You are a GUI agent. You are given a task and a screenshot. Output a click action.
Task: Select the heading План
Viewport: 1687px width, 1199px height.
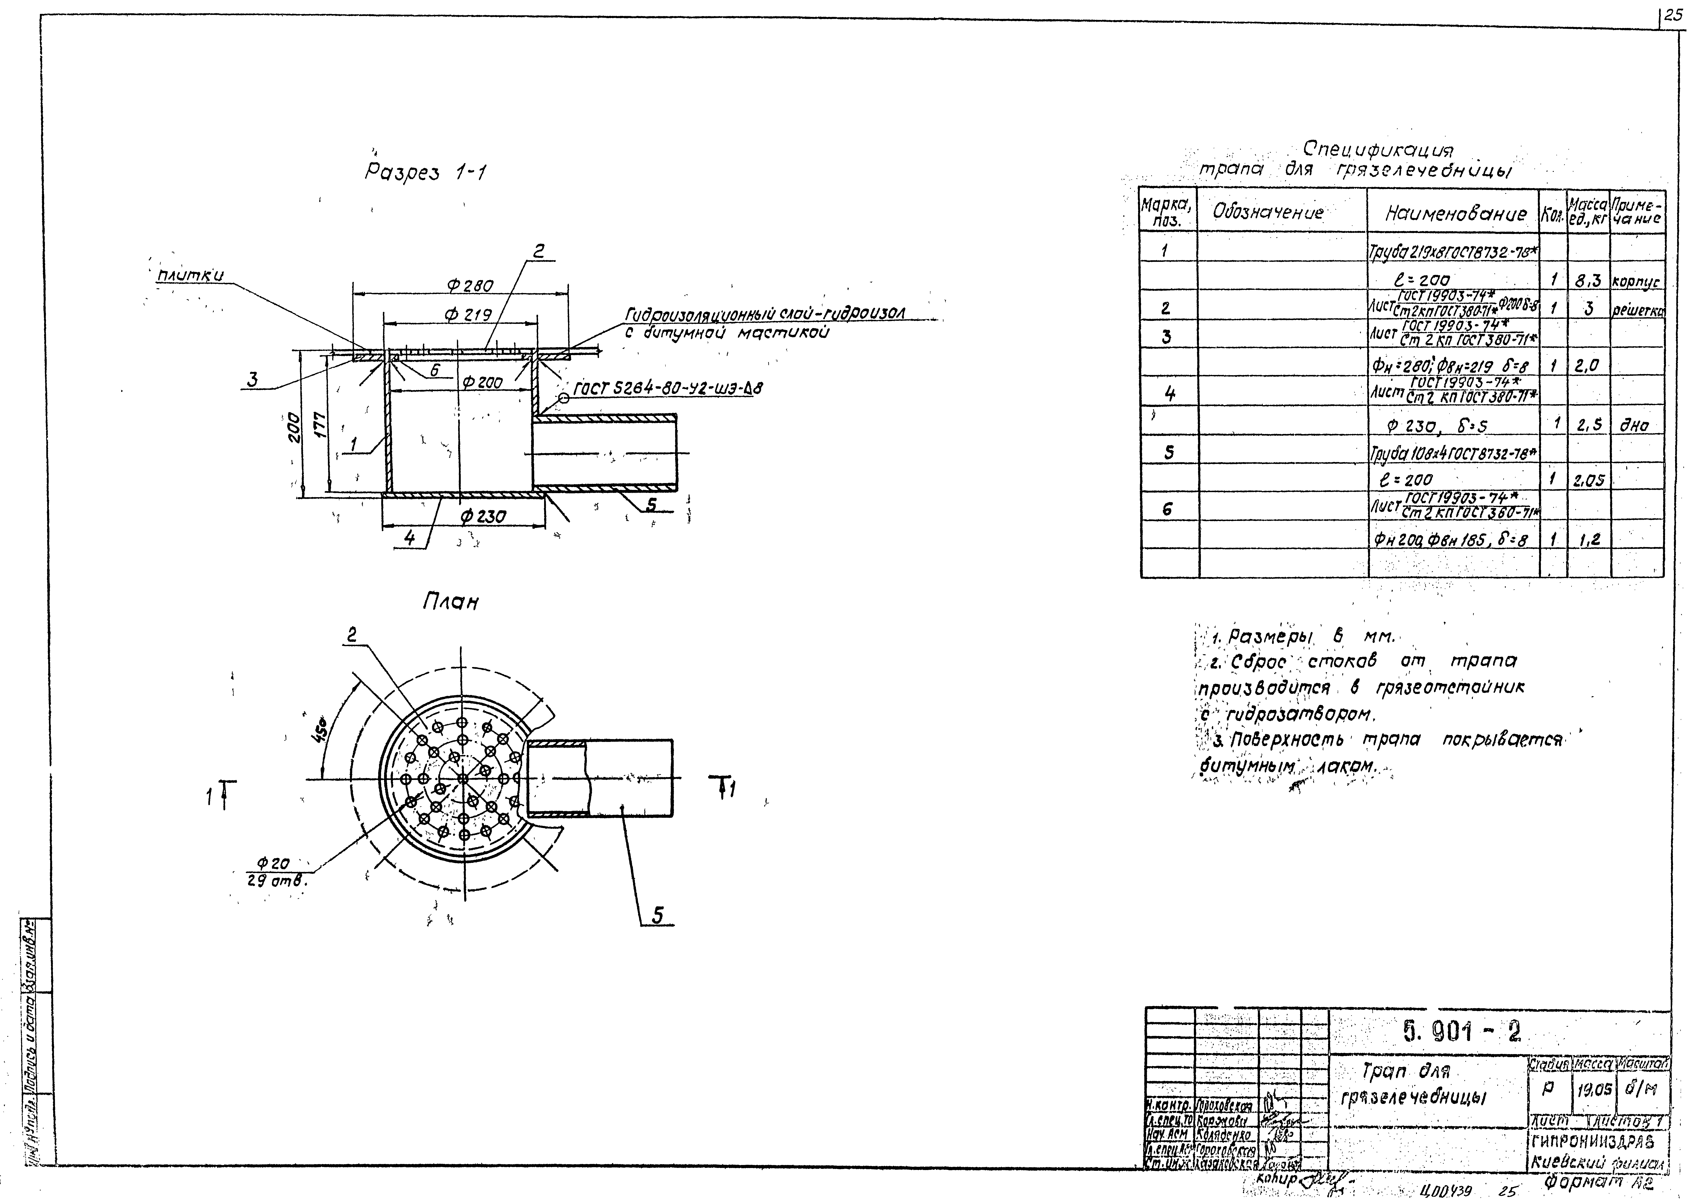450,602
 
